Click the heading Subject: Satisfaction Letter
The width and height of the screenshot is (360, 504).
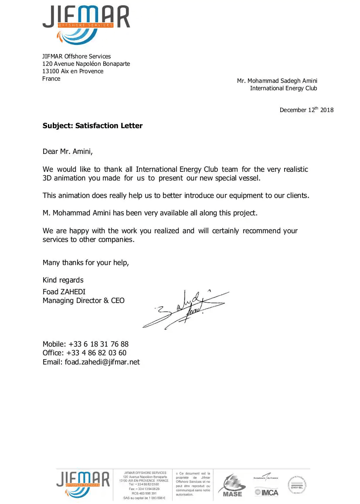(92, 126)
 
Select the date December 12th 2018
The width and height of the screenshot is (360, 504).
(306, 110)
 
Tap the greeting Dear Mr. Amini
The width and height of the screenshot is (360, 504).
(68, 152)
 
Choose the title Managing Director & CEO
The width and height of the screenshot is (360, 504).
(83, 300)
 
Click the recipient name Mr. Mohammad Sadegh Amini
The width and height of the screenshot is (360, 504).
(277, 81)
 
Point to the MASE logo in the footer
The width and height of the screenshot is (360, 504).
(232, 485)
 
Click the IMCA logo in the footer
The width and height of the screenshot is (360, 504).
(266, 492)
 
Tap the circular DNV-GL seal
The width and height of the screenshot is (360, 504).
(296, 484)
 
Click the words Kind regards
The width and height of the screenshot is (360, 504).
(63, 280)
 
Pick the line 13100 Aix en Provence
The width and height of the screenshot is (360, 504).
(73, 71)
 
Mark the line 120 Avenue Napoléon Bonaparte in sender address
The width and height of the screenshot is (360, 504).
(86, 64)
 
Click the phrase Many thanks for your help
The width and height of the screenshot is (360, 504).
(85, 262)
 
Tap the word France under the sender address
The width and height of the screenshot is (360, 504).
(51, 78)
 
